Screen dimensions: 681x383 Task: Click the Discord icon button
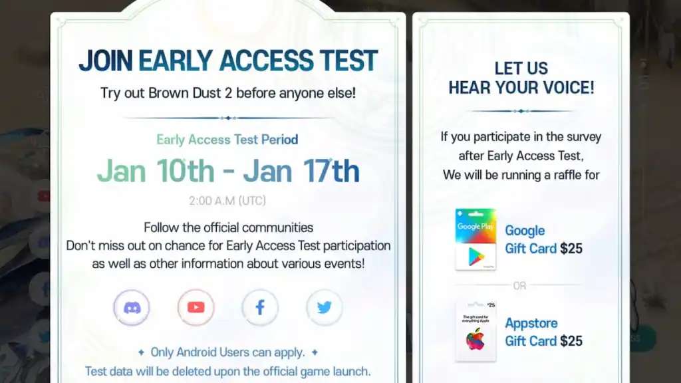(x=132, y=307)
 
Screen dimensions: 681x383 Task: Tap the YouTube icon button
(x=196, y=307)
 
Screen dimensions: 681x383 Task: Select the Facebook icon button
(x=260, y=307)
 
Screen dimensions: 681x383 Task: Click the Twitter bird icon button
(x=325, y=307)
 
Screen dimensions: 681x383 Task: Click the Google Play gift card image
(x=476, y=239)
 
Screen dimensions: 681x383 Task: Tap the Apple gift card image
(x=476, y=331)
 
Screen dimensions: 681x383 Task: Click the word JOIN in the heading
(x=106, y=61)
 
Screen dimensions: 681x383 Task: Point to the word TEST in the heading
(x=349, y=61)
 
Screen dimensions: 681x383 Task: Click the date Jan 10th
(x=156, y=171)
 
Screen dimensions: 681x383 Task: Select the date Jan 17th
(x=301, y=171)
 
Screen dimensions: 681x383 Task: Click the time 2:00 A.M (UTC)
(x=227, y=201)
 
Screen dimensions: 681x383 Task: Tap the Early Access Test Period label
(x=227, y=140)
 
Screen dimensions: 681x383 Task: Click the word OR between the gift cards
(x=519, y=286)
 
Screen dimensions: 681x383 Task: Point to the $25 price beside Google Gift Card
(x=571, y=249)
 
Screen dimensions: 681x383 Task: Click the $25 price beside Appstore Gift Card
(x=571, y=341)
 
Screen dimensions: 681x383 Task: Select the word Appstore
(x=531, y=324)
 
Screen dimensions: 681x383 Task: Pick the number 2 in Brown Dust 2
(x=229, y=93)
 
